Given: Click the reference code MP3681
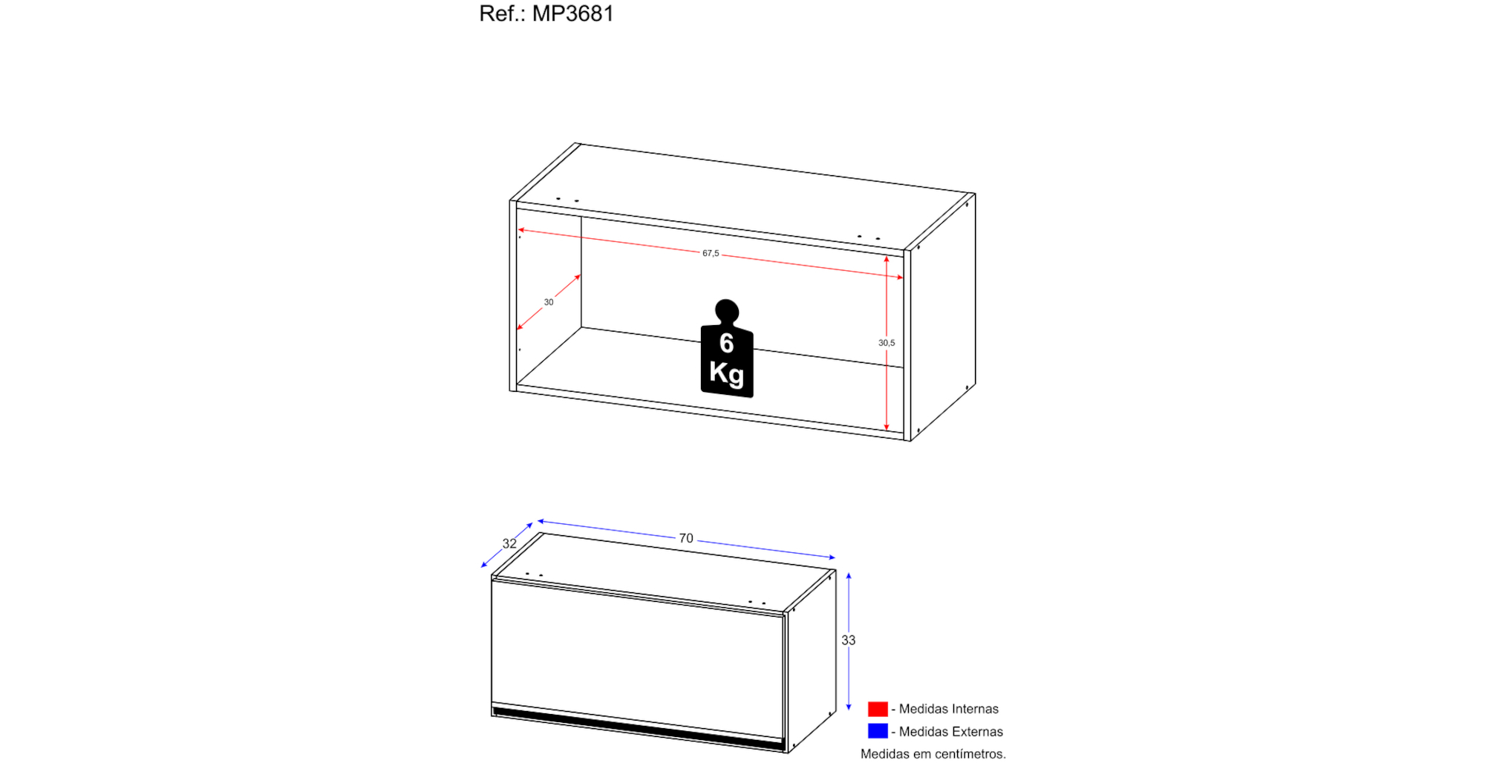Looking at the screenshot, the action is tap(572, 13).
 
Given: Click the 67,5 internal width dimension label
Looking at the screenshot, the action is tap(711, 253).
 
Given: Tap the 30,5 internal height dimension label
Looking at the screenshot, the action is tap(887, 343).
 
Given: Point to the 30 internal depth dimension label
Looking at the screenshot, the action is tap(549, 302).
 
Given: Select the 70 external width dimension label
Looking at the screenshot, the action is tap(686, 538).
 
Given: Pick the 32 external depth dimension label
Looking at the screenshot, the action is tap(509, 543).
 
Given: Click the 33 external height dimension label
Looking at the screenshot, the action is tap(849, 640).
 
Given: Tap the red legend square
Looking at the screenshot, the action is tap(878, 709).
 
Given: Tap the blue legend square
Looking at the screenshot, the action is tap(878, 731).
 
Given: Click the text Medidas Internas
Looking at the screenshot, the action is tap(949, 709).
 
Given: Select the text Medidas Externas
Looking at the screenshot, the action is tap(951, 732).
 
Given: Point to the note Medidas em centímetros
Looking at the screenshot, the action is tap(933, 754).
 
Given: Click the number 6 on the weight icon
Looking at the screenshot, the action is tap(726, 343).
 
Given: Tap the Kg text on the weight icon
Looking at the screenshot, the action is tap(726, 373).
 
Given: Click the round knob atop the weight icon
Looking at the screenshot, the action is tap(727, 310).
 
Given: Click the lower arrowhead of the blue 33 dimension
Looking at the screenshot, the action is tap(849, 707).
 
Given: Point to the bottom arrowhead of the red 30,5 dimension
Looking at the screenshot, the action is tap(887, 427).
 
